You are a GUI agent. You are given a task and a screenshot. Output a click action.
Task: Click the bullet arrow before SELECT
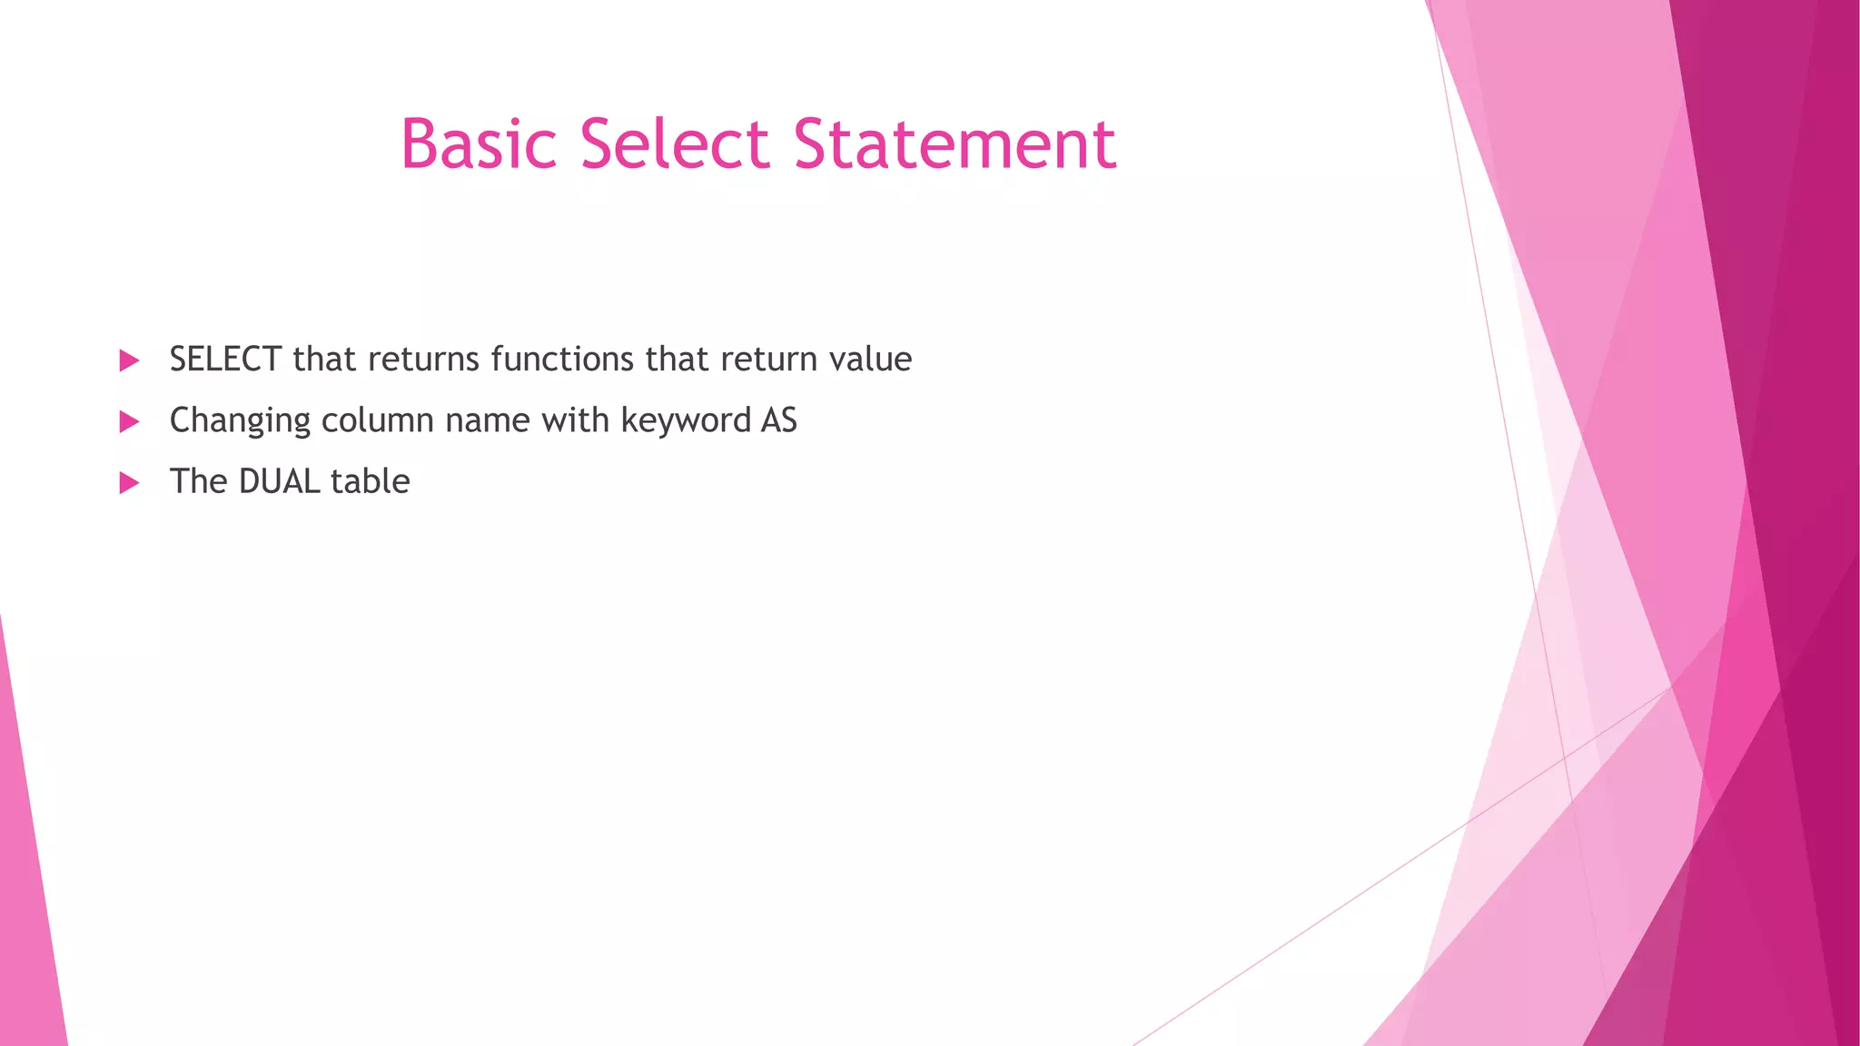pos(130,360)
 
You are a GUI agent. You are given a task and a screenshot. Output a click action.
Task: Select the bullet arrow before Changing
pos(130,421)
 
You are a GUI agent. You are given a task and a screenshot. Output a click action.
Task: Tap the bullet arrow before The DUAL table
pos(130,482)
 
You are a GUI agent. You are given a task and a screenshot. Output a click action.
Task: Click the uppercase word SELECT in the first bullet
pos(225,360)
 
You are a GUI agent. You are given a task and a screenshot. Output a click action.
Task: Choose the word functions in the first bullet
pos(562,360)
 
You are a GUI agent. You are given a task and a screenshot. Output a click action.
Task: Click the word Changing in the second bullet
pos(240,421)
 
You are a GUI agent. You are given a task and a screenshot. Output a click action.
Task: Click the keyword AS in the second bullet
pos(779,420)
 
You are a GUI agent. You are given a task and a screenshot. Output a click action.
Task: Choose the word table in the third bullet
pos(371,481)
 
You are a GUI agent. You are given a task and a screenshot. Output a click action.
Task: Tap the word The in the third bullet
pos(198,481)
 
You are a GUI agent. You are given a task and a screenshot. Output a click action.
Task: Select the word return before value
pos(769,360)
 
